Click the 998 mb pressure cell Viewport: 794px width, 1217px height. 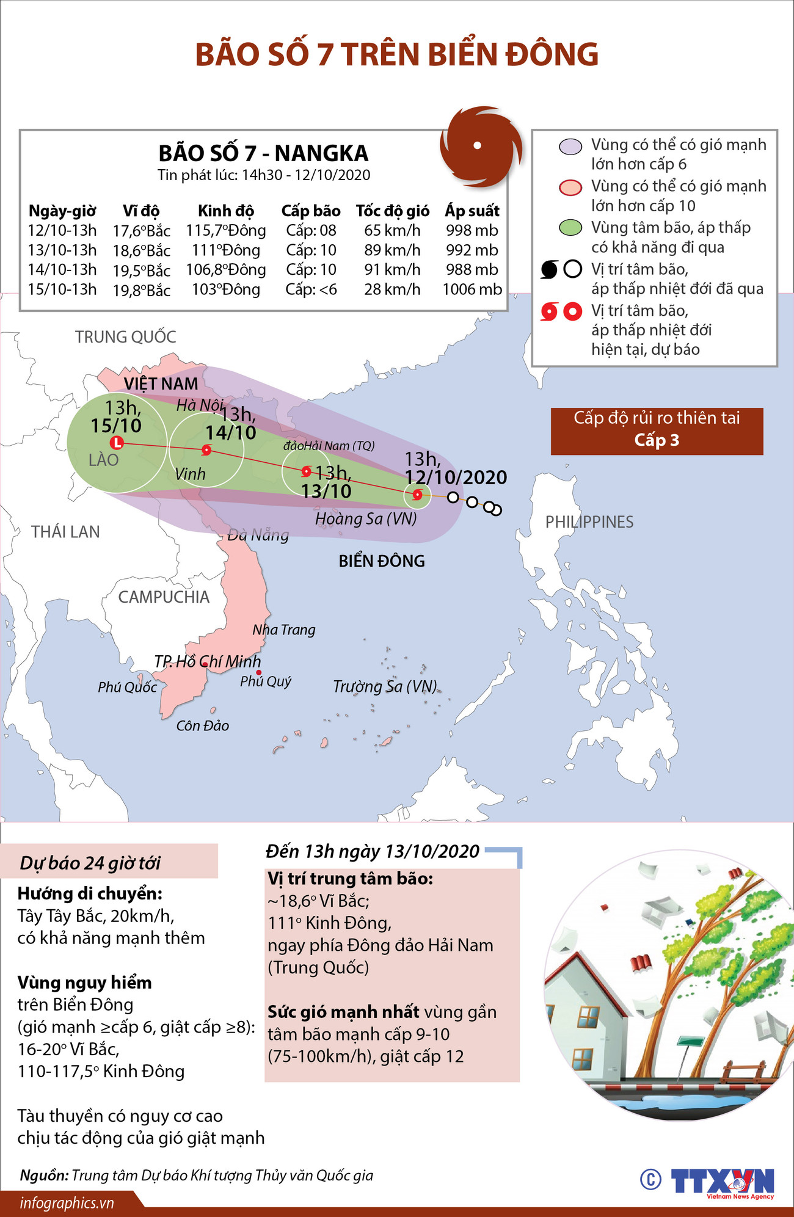[472, 230]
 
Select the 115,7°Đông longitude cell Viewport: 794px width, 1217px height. [226, 230]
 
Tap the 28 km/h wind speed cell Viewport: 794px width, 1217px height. [392, 289]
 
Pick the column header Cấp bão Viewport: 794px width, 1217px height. [310, 211]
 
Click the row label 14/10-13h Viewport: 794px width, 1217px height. [62, 269]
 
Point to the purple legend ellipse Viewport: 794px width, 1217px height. [570, 147]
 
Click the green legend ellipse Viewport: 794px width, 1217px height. [570, 228]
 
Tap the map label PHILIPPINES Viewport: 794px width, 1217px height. [589, 522]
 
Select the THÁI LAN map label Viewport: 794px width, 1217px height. [65, 532]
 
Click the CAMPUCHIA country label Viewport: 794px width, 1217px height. [164, 597]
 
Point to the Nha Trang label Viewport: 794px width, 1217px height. [284, 630]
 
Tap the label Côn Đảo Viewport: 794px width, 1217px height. [202, 725]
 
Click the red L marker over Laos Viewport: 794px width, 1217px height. [117, 443]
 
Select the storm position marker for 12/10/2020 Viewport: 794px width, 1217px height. [417, 495]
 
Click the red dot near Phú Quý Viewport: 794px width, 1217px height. [259, 672]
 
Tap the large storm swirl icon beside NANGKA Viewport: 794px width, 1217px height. [481, 146]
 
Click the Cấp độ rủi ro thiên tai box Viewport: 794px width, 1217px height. [657, 431]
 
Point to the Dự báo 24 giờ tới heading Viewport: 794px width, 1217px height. [90, 863]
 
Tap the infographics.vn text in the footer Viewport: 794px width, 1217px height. [67, 1203]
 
